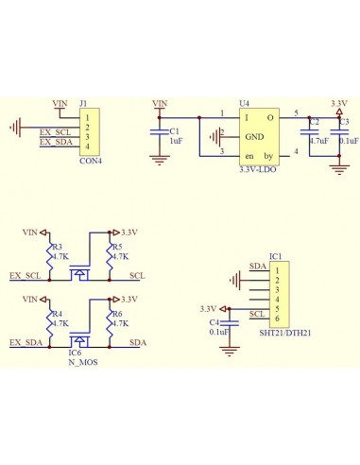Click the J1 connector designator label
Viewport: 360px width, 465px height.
coord(84,103)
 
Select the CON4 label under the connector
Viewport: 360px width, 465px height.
coord(91,161)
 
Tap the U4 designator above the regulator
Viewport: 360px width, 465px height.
coord(244,103)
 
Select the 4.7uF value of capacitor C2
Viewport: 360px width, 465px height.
coord(318,140)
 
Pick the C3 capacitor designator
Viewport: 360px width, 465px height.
coord(344,122)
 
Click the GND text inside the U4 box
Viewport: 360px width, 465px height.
coord(255,136)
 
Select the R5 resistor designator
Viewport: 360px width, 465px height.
coord(117,248)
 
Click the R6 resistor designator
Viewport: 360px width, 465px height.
coord(117,314)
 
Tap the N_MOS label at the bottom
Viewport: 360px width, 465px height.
coord(82,362)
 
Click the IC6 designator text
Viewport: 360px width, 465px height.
coord(75,353)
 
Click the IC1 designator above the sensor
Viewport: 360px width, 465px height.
coord(275,256)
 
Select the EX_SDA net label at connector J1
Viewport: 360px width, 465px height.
coord(56,142)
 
